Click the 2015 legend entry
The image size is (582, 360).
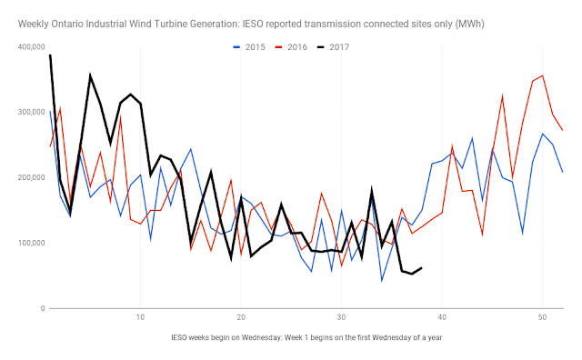248,47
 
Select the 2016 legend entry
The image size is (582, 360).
291,47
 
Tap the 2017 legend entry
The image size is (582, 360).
334,47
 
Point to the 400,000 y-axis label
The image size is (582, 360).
32,46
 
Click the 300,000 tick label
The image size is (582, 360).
32,112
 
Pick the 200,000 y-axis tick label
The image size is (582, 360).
32,177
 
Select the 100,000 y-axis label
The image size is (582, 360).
32,243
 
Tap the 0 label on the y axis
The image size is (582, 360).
43,308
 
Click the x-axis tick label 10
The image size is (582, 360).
140,317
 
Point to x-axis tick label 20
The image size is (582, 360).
241,317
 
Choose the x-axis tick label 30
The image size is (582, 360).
342,317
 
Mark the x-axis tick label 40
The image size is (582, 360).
442,317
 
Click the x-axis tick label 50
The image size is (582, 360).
542,317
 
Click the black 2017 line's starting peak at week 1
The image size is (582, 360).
50,55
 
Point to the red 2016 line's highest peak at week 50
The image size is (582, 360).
543,75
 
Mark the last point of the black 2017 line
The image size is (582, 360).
421,267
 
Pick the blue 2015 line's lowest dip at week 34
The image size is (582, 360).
382,281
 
